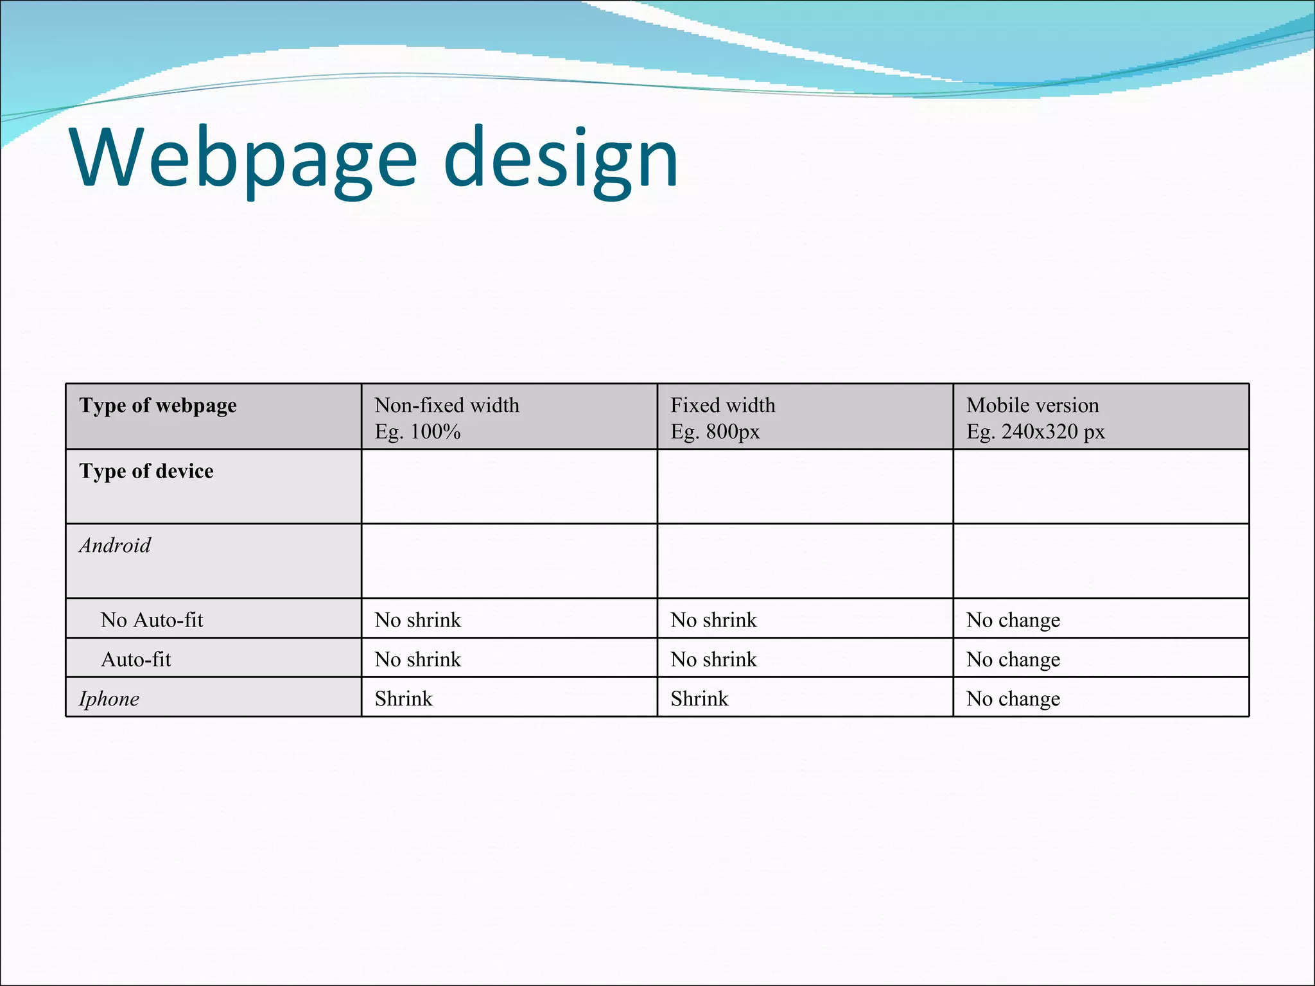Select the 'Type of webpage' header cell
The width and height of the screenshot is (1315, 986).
pyautogui.click(x=158, y=406)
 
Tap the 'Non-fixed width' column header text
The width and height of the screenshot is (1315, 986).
pyautogui.click(x=447, y=406)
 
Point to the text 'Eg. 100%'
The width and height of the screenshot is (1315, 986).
pyautogui.click(x=417, y=432)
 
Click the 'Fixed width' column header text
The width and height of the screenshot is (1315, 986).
pyautogui.click(x=722, y=406)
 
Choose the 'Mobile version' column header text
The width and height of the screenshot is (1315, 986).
pyautogui.click(x=1032, y=406)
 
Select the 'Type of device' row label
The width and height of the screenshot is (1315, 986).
pyautogui.click(x=146, y=471)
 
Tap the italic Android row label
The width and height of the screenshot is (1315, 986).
pyautogui.click(x=115, y=546)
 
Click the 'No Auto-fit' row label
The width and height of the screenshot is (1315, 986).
pyautogui.click(x=152, y=620)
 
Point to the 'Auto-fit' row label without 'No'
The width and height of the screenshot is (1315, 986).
pyautogui.click(x=136, y=659)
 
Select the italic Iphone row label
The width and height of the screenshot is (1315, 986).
pyautogui.click(x=109, y=699)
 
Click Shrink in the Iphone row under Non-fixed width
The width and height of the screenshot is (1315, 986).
pyautogui.click(x=403, y=699)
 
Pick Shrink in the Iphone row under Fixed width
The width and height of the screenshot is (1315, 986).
pyautogui.click(x=699, y=699)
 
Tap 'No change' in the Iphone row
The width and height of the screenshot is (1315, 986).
pyautogui.click(x=1013, y=699)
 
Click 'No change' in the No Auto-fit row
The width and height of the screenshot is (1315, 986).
pyautogui.click(x=1013, y=620)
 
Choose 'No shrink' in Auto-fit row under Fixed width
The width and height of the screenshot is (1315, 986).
pyautogui.click(x=713, y=659)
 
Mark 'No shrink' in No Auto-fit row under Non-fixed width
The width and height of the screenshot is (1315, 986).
pyautogui.click(x=417, y=620)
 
